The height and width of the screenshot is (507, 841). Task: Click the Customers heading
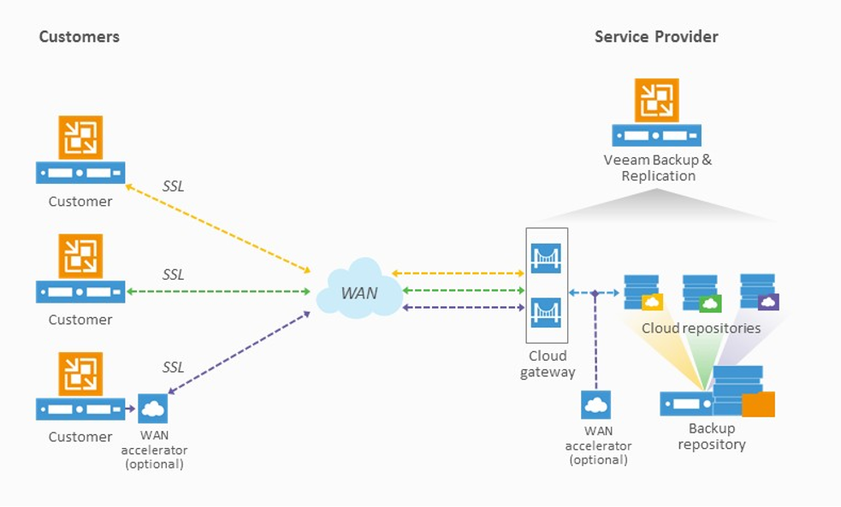[80, 37]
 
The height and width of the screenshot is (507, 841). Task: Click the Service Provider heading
[656, 37]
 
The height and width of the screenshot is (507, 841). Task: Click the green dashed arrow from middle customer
[218, 292]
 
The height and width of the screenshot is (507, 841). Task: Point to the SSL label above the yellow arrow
[173, 186]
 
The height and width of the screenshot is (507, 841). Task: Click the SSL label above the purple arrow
[173, 367]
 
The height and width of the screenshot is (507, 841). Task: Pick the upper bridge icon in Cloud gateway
[545, 256]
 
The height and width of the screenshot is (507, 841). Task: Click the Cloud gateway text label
[548, 363]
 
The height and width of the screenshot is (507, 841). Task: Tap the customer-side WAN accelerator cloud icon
[154, 409]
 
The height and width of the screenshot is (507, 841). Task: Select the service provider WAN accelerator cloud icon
[595, 404]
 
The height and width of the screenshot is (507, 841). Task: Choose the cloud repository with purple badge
[759, 292]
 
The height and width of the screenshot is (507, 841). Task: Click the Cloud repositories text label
[701, 328]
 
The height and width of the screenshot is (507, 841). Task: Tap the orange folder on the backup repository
[758, 404]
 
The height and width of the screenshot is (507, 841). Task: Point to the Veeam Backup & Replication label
[657, 168]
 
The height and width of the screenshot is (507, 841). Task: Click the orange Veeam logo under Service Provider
[657, 100]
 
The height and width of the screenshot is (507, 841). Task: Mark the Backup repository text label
[712, 436]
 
